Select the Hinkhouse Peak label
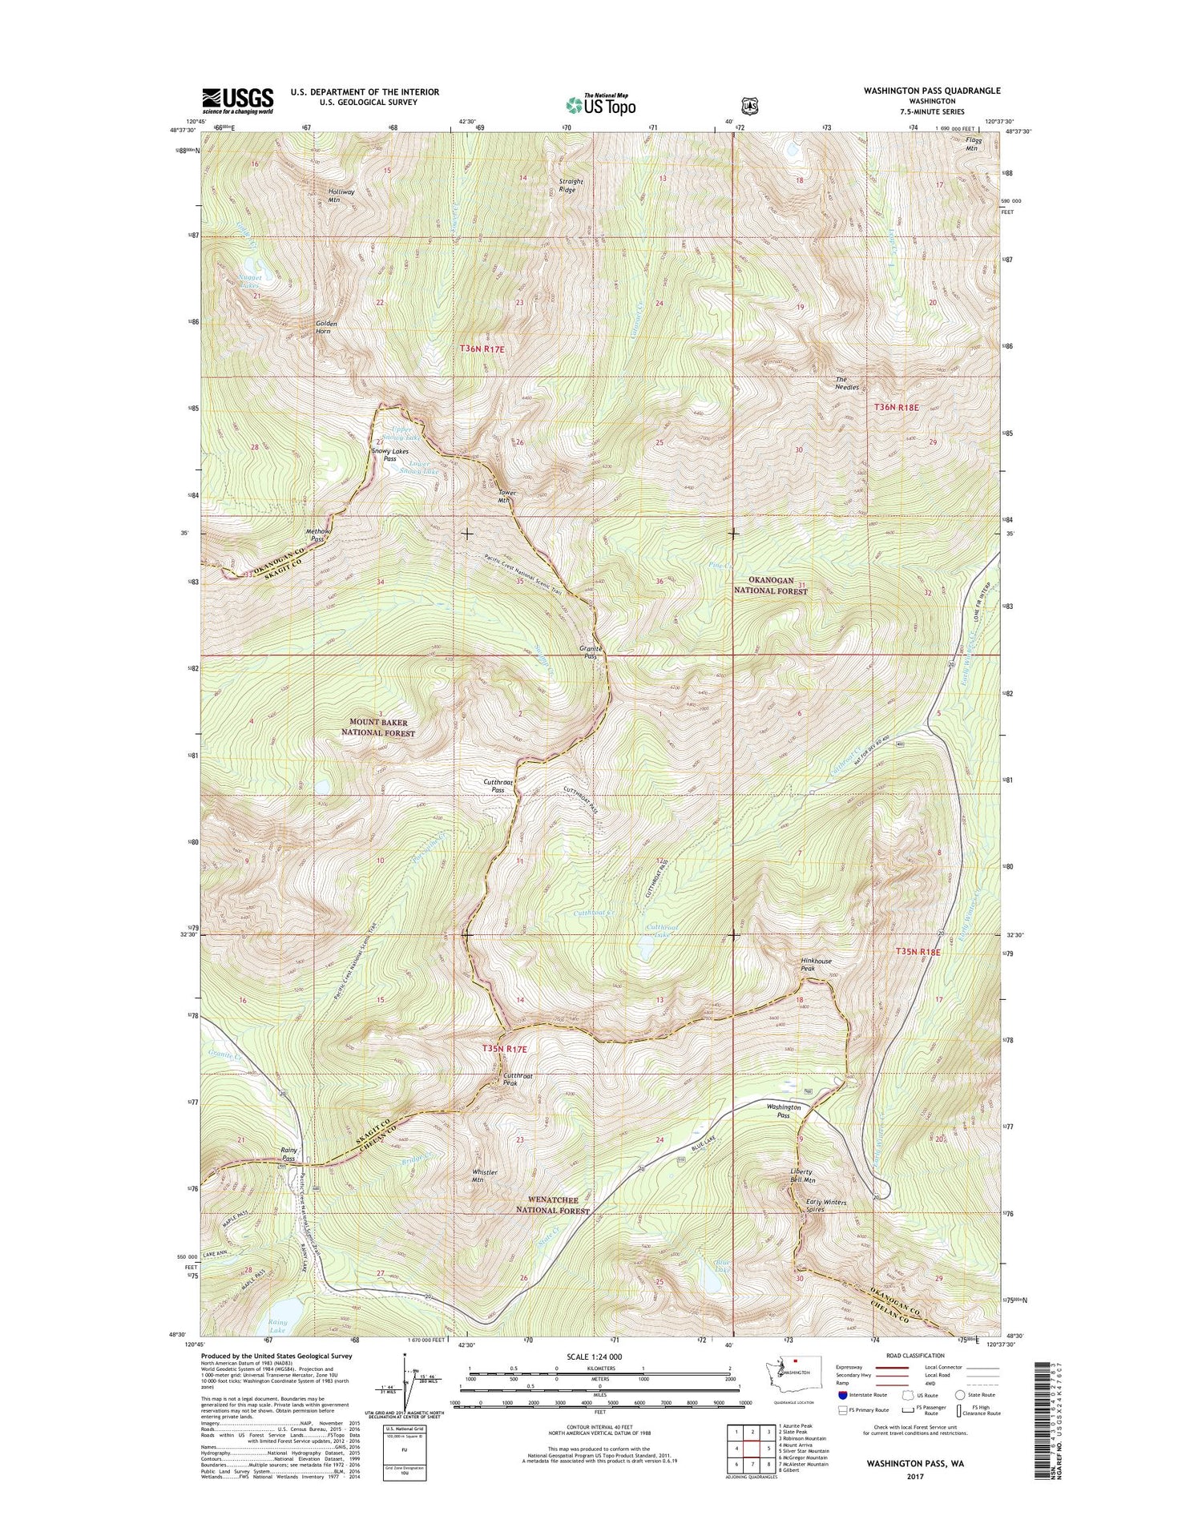pos(816,965)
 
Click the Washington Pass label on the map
pos(783,1111)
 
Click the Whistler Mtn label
pos(484,1176)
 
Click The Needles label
pos(847,383)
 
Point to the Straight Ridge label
pos(571,186)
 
